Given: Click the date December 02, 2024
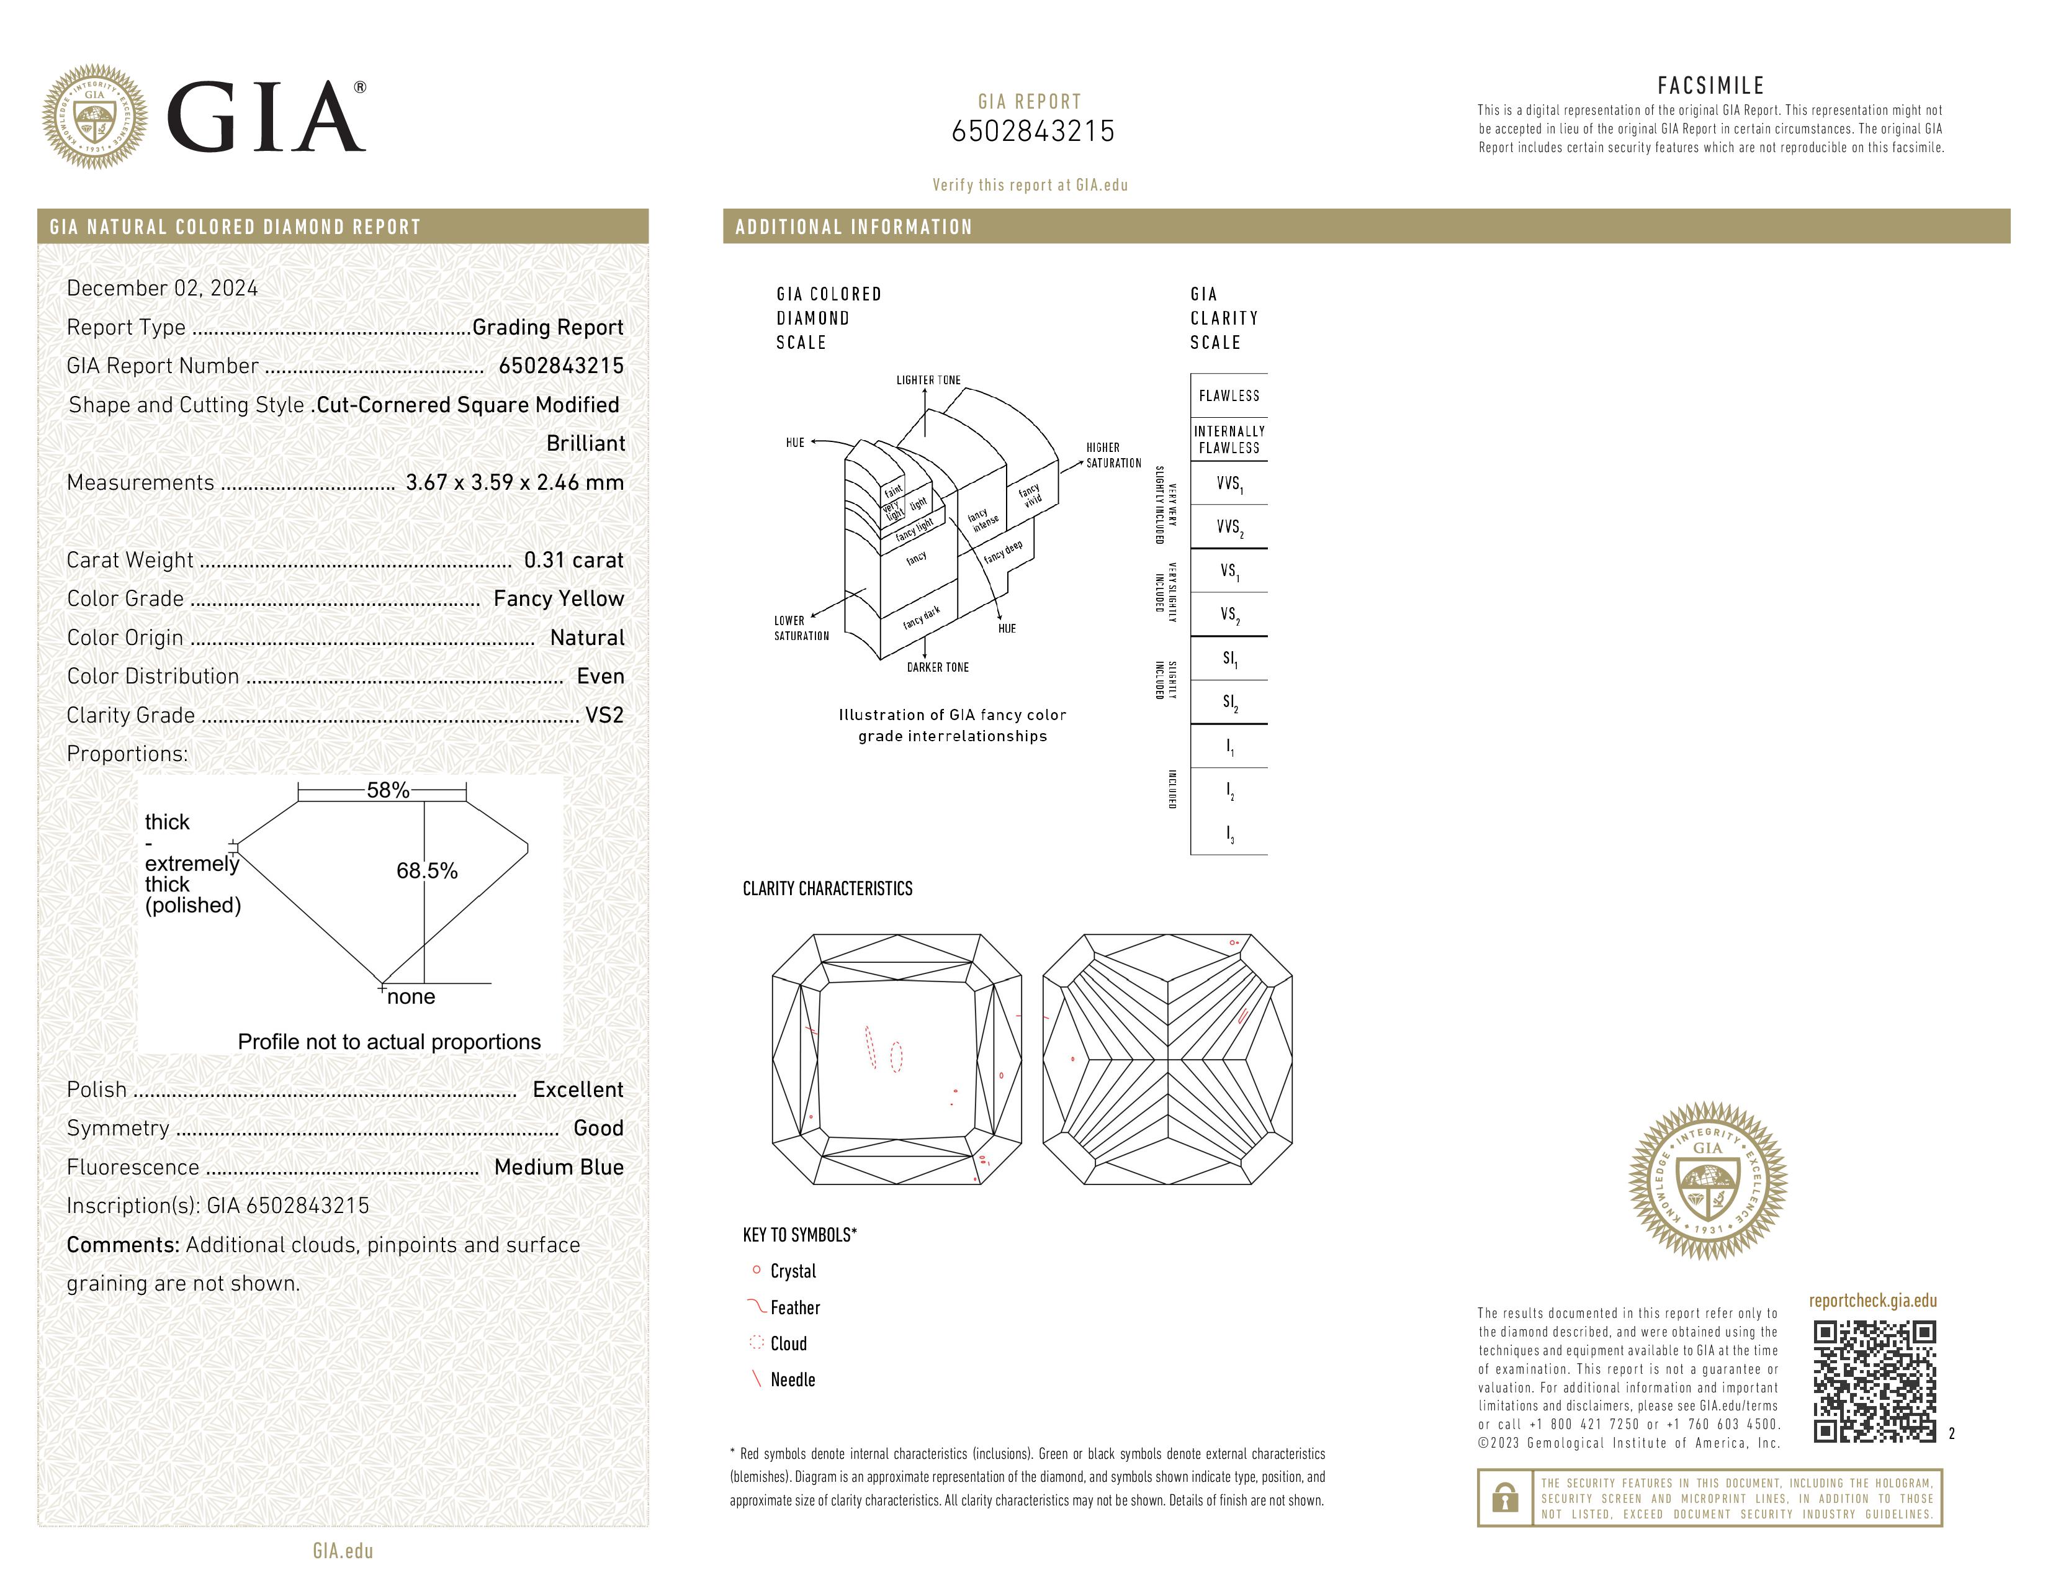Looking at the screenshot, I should (162, 288).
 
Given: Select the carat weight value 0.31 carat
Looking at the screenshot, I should (573, 560).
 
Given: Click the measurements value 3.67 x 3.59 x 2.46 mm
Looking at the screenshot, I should (514, 482).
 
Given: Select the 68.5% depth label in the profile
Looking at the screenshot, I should (427, 871).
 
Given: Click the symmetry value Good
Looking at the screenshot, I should (598, 1128).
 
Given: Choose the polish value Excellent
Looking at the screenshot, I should (578, 1089).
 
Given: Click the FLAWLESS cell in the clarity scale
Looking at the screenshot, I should (1228, 396).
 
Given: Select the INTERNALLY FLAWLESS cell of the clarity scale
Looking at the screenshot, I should (1228, 439).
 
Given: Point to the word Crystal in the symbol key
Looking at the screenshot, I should (793, 1271).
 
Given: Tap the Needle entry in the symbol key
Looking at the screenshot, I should (793, 1379).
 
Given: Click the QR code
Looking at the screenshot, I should (1874, 1381).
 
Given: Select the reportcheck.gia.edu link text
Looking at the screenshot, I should (1872, 1301).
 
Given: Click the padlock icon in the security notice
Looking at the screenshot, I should (1505, 1498).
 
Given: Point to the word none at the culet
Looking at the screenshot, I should (411, 997).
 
